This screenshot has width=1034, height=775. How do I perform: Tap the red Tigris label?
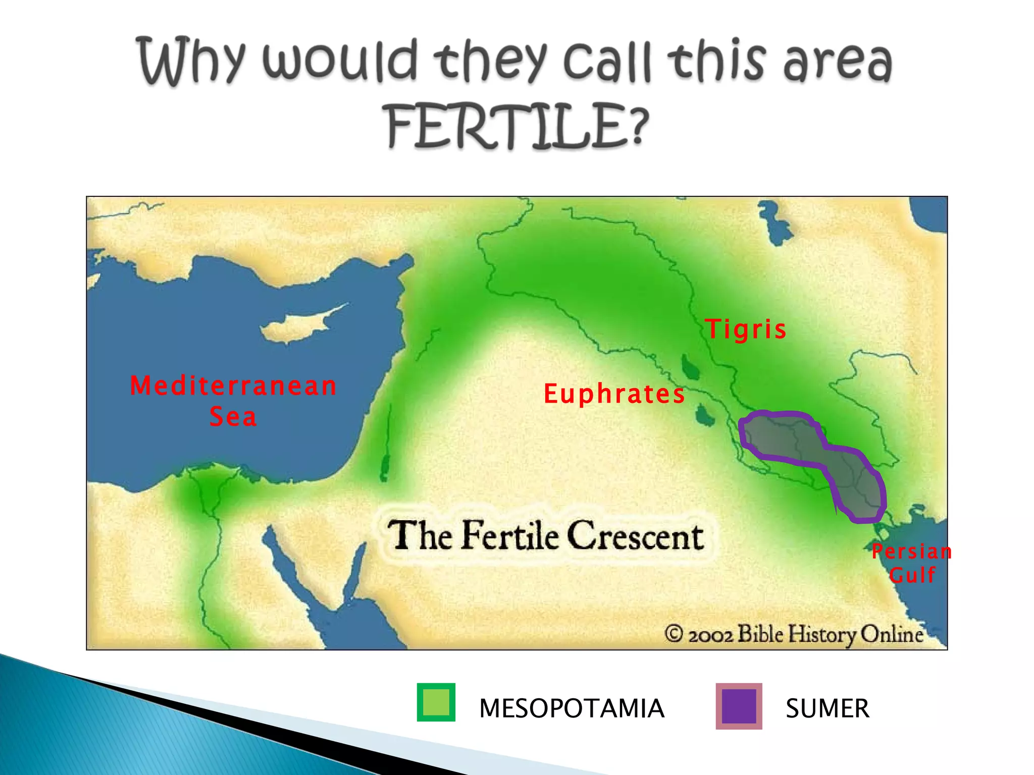(746, 329)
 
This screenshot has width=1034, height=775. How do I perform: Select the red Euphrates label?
(614, 394)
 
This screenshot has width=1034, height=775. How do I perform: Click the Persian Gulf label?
(912, 563)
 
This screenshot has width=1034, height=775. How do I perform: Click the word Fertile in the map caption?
(510, 536)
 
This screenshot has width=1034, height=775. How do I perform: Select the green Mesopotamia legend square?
(436, 702)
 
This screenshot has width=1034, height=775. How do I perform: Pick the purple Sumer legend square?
(739, 706)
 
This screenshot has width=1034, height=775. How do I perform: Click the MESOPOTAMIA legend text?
(571, 708)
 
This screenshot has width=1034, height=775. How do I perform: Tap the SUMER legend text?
(827, 708)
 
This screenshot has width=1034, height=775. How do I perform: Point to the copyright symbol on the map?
(674, 633)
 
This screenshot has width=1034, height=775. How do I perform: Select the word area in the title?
(837, 63)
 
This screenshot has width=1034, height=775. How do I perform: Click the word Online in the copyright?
(892, 634)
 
